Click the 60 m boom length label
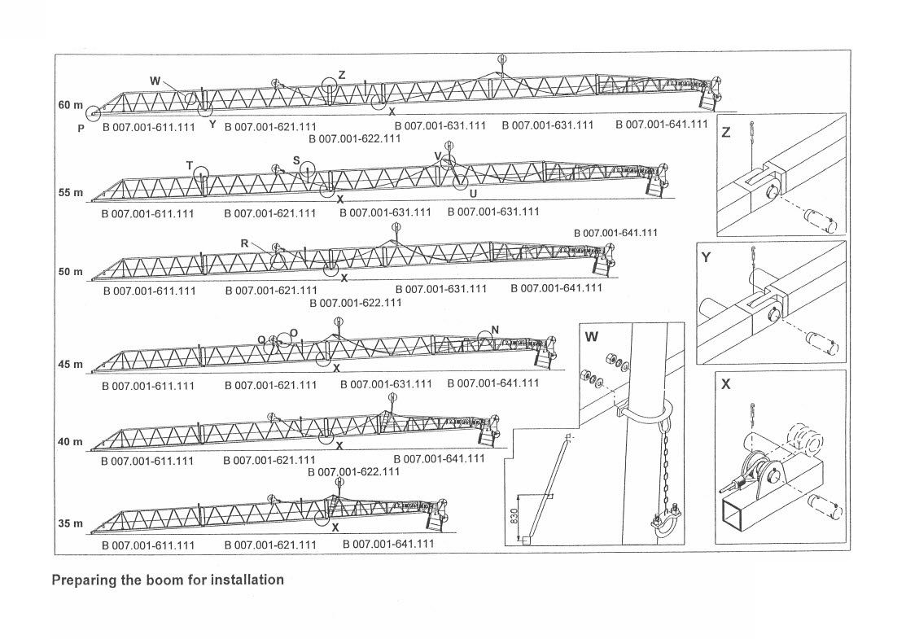pos(70,105)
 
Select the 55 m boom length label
pos(70,193)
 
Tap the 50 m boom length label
pos(70,271)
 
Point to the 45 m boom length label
pos(70,364)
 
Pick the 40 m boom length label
pos(70,441)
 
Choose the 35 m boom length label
pos(70,523)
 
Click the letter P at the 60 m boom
pos(81,127)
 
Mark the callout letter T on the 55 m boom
pos(189,165)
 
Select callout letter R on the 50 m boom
pos(244,243)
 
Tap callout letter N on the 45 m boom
pos(495,329)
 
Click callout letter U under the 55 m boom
pos(472,194)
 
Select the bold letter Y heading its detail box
pos(707,258)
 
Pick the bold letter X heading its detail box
pos(726,384)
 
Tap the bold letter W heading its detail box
pos(592,336)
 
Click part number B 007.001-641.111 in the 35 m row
pos(388,544)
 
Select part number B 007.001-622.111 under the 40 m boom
pos(354,471)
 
